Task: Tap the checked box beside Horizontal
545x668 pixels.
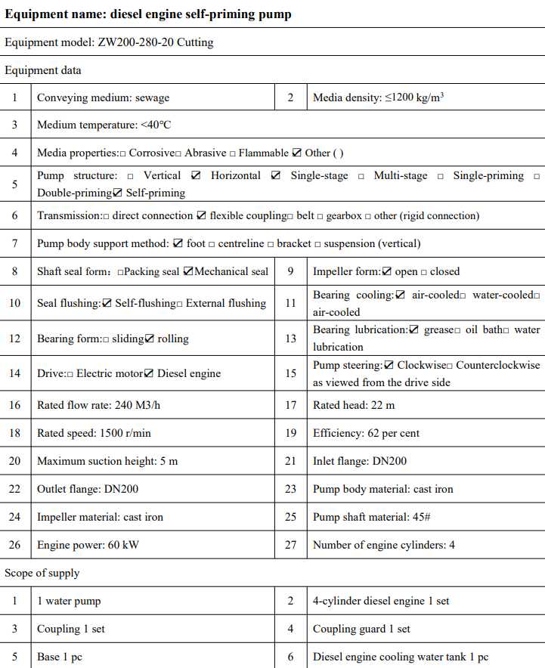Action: coord(197,175)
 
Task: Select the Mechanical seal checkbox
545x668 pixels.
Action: coord(188,271)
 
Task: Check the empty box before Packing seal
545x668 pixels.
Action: coord(121,272)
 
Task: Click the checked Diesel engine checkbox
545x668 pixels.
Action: coord(149,373)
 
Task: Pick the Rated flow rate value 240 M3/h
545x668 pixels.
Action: coord(138,405)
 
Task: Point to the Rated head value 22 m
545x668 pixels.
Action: coord(383,405)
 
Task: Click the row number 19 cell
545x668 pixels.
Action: coord(291,433)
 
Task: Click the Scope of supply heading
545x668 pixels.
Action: coord(42,573)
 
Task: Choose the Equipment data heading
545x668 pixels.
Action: coord(43,70)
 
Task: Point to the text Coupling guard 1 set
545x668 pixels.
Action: coord(361,629)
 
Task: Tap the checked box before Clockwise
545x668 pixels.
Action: coord(389,365)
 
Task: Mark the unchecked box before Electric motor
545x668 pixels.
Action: coord(70,374)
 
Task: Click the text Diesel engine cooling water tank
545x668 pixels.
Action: coord(383,657)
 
